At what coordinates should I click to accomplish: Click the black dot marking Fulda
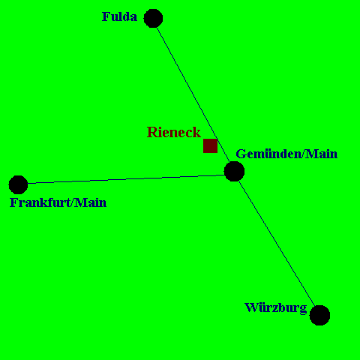coord(153,18)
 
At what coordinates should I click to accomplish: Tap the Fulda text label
coord(119,16)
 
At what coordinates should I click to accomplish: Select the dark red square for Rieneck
coord(210,145)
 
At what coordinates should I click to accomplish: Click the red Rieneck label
coord(174,132)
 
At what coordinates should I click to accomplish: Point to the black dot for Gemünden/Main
coord(234,171)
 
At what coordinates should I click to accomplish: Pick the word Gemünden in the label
coord(268,154)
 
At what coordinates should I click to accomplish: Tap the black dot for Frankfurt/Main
coord(18,184)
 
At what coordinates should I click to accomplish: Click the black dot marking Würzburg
coord(319,315)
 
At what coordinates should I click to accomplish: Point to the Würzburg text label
coord(276,308)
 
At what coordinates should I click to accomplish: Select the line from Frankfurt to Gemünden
coord(126,179)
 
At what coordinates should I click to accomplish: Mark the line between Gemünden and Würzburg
coord(277,243)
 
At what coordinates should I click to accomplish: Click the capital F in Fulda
coord(106,16)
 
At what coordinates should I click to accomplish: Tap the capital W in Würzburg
coord(251,307)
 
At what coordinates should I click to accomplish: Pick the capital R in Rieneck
coord(151,132)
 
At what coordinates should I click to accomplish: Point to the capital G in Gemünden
coord(241,154)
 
